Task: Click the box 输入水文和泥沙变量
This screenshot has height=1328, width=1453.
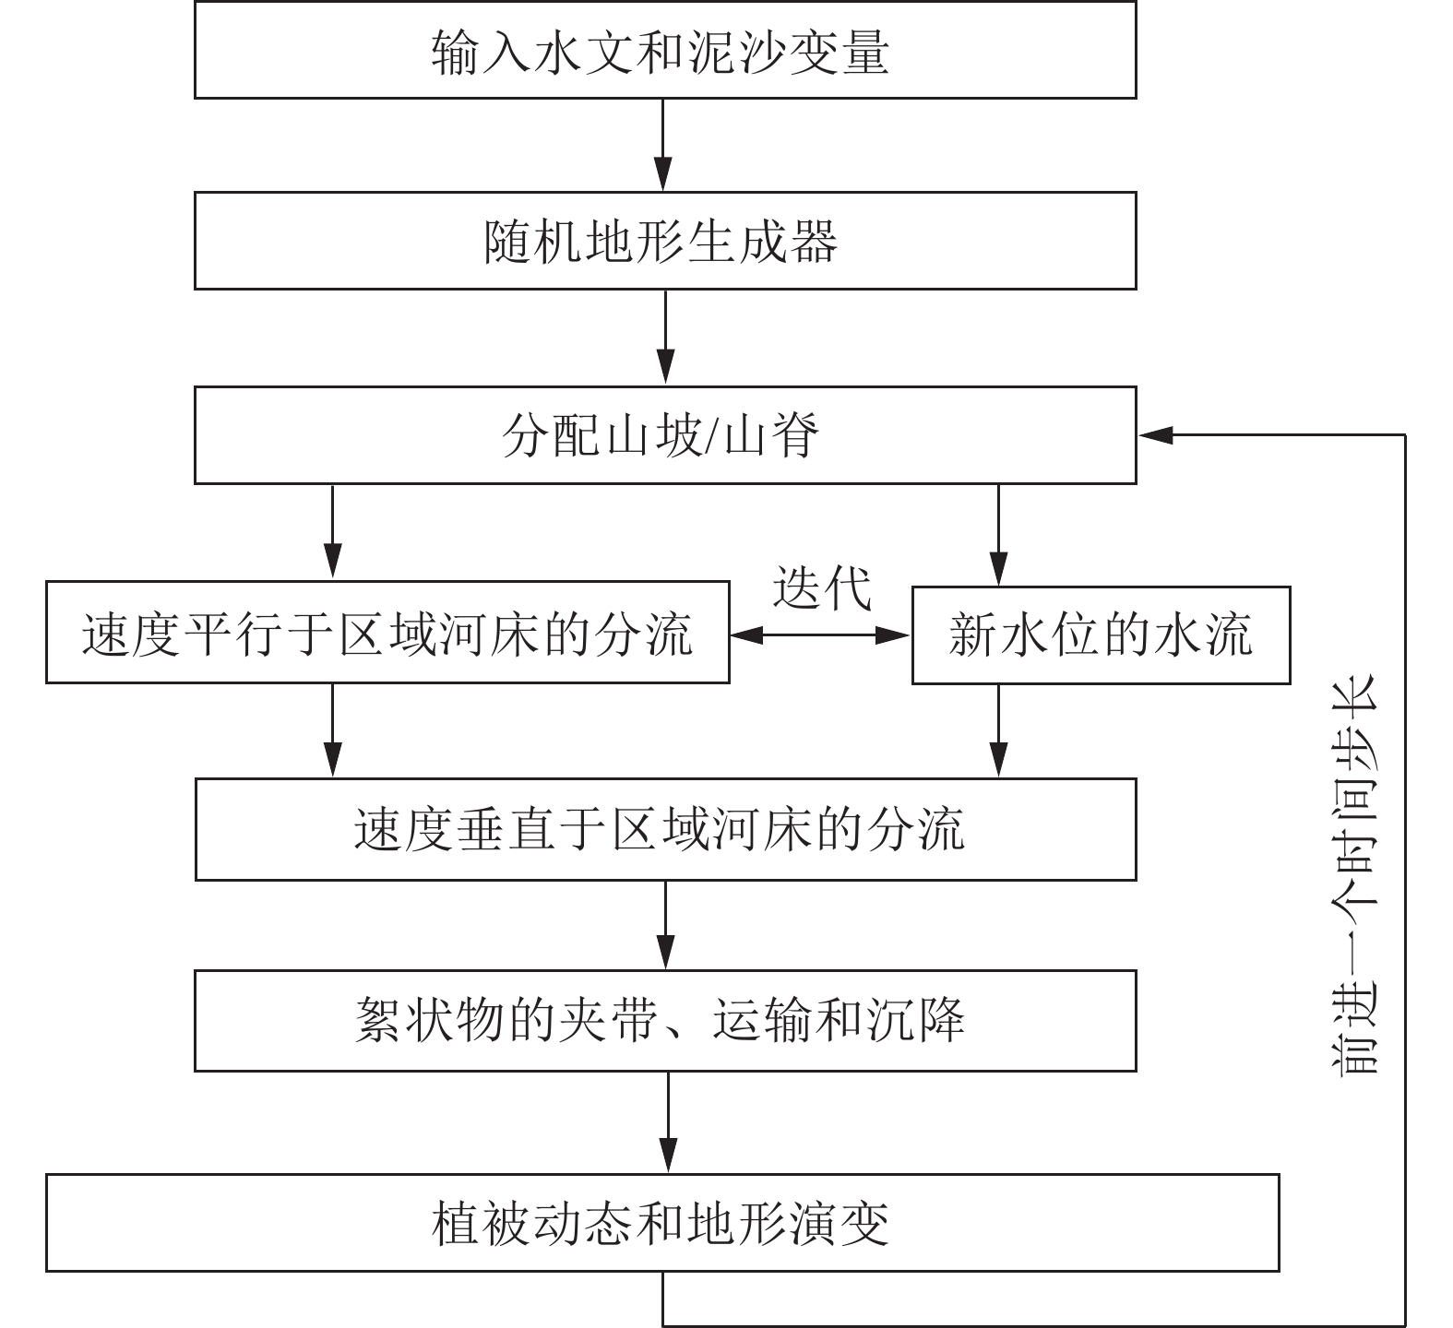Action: click(664, 50)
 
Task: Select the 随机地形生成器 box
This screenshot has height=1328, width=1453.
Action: click(664, 241)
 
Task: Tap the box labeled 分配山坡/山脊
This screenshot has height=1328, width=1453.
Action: click(664, 434)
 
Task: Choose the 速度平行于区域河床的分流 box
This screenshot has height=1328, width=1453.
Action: click(387, 632)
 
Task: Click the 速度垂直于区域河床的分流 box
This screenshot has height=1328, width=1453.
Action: click(664, 829)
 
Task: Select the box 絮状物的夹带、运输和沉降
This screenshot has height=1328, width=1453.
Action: click(664, 1020)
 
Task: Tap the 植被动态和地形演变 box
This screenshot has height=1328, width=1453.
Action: click(662, 1223)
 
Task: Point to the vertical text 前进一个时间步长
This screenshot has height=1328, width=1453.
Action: click(1354, 875)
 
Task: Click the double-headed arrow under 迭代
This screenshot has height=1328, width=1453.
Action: click(821, 634)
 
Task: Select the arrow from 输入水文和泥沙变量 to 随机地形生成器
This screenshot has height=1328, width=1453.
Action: click(664, 145)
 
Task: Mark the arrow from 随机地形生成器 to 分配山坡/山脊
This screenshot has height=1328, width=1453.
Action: click(664, 338)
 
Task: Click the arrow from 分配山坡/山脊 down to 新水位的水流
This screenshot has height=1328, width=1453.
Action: click(997, 533)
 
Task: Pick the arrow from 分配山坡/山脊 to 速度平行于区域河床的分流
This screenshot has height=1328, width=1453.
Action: click(332, 532)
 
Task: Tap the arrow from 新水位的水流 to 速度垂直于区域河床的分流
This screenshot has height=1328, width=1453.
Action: click(997, 731)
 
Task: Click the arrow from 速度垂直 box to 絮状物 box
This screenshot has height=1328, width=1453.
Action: click(664, 925)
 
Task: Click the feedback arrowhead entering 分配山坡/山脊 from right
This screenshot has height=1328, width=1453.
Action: click(1155, 434)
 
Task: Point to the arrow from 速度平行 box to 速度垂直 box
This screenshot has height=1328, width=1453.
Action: click(332, 730)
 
